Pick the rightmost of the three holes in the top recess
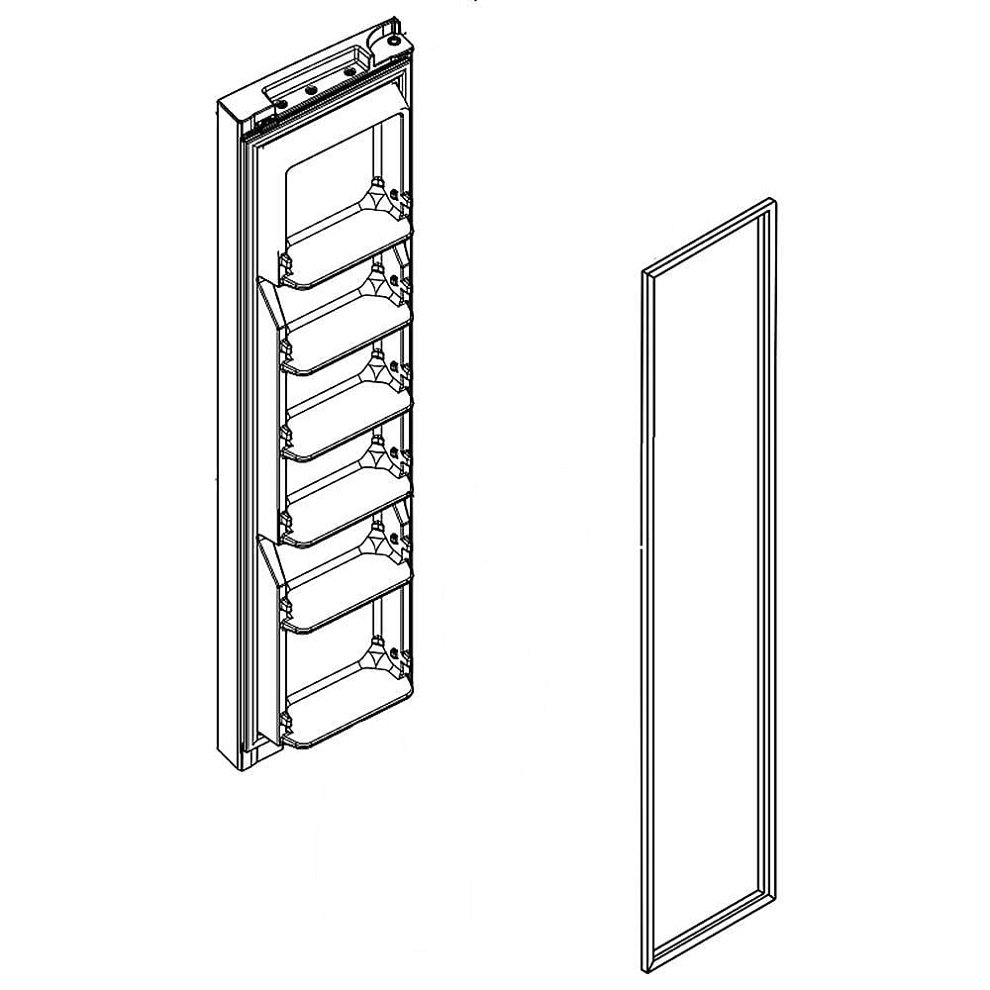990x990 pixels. coord(348,71)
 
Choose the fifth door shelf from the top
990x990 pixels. coord(346,600)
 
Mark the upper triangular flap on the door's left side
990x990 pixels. coord(271,302)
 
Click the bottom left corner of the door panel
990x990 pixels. coord(238,768)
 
